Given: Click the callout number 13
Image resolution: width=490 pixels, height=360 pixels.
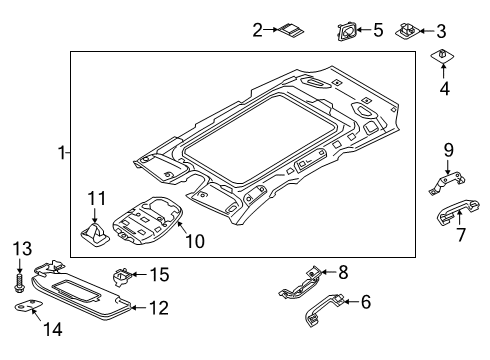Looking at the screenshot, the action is point(22,249).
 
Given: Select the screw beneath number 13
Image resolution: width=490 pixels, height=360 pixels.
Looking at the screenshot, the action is point(19,283).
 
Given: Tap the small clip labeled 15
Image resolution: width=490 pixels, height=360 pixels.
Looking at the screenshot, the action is point(122,276).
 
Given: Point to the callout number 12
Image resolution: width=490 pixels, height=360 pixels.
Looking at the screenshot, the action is point(159,308).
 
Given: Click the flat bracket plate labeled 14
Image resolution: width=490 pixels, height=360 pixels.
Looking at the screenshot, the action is point(29,305).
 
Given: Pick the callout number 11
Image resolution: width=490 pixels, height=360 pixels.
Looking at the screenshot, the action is point(97,198).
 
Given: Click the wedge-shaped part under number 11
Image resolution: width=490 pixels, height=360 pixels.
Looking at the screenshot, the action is point(95,234).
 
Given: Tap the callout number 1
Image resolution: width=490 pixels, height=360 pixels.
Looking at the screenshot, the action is point(62,153).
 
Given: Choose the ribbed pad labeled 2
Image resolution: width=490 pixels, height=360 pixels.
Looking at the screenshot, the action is point(291,30).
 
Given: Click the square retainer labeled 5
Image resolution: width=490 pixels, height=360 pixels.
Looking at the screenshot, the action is point(346,31).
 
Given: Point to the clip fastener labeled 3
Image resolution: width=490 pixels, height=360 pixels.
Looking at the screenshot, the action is point(407,31).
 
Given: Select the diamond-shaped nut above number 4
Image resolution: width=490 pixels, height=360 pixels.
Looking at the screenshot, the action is point(443,56).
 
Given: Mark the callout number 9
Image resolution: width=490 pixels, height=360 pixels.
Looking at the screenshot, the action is point(448,150).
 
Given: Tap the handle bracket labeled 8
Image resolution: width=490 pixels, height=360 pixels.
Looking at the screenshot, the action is point(300,284).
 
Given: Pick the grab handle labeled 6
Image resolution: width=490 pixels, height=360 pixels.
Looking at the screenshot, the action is point(324,310).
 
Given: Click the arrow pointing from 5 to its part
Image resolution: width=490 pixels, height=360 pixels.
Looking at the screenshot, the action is point(364,30).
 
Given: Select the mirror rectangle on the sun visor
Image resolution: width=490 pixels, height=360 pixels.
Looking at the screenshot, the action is point(76,290).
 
